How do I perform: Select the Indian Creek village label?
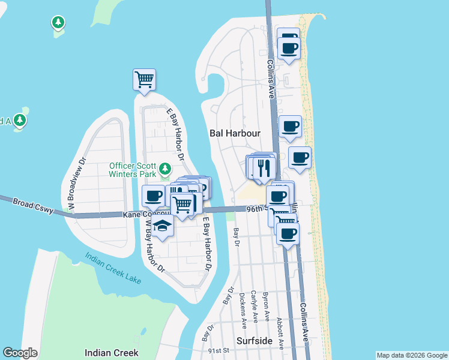click(112, 353)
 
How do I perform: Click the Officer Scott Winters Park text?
click(133, 170)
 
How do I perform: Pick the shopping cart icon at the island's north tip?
click(144, 79)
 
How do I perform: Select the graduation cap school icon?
click(162, 226)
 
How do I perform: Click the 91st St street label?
click(218, 350)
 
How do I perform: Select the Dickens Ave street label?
click(243, 311)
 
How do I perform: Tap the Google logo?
click(20, 353)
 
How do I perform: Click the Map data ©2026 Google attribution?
click(412, 355)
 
